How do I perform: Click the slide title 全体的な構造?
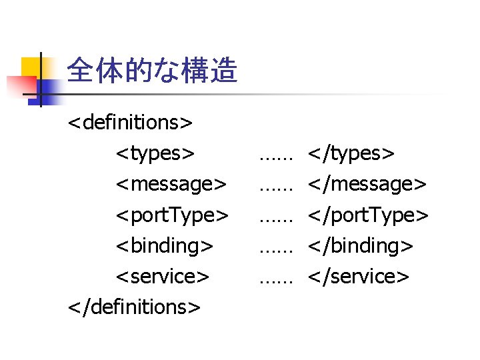153,70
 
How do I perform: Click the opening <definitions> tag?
131,123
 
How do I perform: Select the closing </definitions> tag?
134,307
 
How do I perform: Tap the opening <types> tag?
156,153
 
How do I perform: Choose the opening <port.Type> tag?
173,215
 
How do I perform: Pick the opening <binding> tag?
165,245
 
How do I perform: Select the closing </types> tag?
351,153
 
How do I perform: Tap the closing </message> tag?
366,184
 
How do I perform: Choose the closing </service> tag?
358,276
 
